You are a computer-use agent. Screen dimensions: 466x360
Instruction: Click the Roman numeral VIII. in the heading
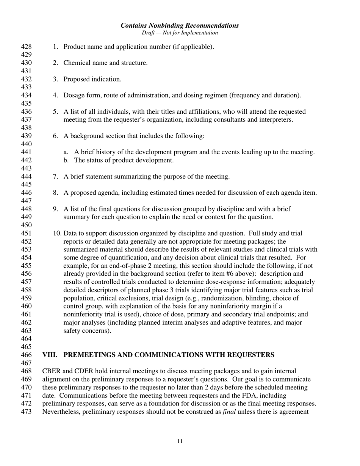pyautogui.click(x=50, y=355)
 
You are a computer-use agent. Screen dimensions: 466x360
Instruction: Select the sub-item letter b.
pyautogui.click(x=66, y=160)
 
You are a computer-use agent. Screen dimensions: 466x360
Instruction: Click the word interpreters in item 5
pyautogui.click(x=276, y=120)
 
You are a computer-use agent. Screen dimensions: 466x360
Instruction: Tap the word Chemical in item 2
pyautogui.click(x=76, y=63)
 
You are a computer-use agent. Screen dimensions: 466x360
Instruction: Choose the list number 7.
pyautogui.click(x=56, y=177)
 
